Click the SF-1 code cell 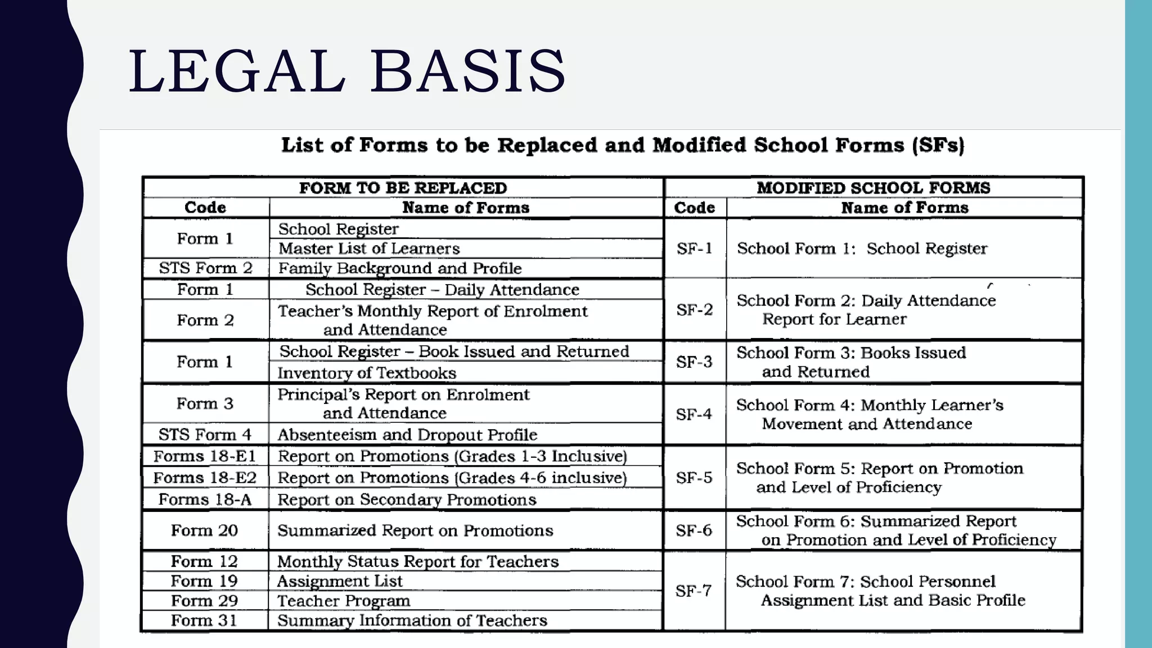click(695, 248)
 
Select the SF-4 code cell click(694, 415)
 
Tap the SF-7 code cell click(694, 591)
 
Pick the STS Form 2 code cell click(205, 268)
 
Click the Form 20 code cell click(204, 530)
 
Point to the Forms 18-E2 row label click(205, 478)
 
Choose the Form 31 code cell click(204, 620)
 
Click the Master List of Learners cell click(369, 249)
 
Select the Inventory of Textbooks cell click(367, 373)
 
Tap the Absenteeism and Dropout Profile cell click(407, 435)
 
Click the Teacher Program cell click(344, 601)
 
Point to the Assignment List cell click(340, 581)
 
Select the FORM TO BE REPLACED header click(403, 188)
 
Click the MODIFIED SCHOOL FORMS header click(873, 188)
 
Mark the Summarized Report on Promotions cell click(415, 530)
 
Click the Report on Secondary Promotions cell click(407, 499)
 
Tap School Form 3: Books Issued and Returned click(850, 362)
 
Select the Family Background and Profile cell click(400, 268)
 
